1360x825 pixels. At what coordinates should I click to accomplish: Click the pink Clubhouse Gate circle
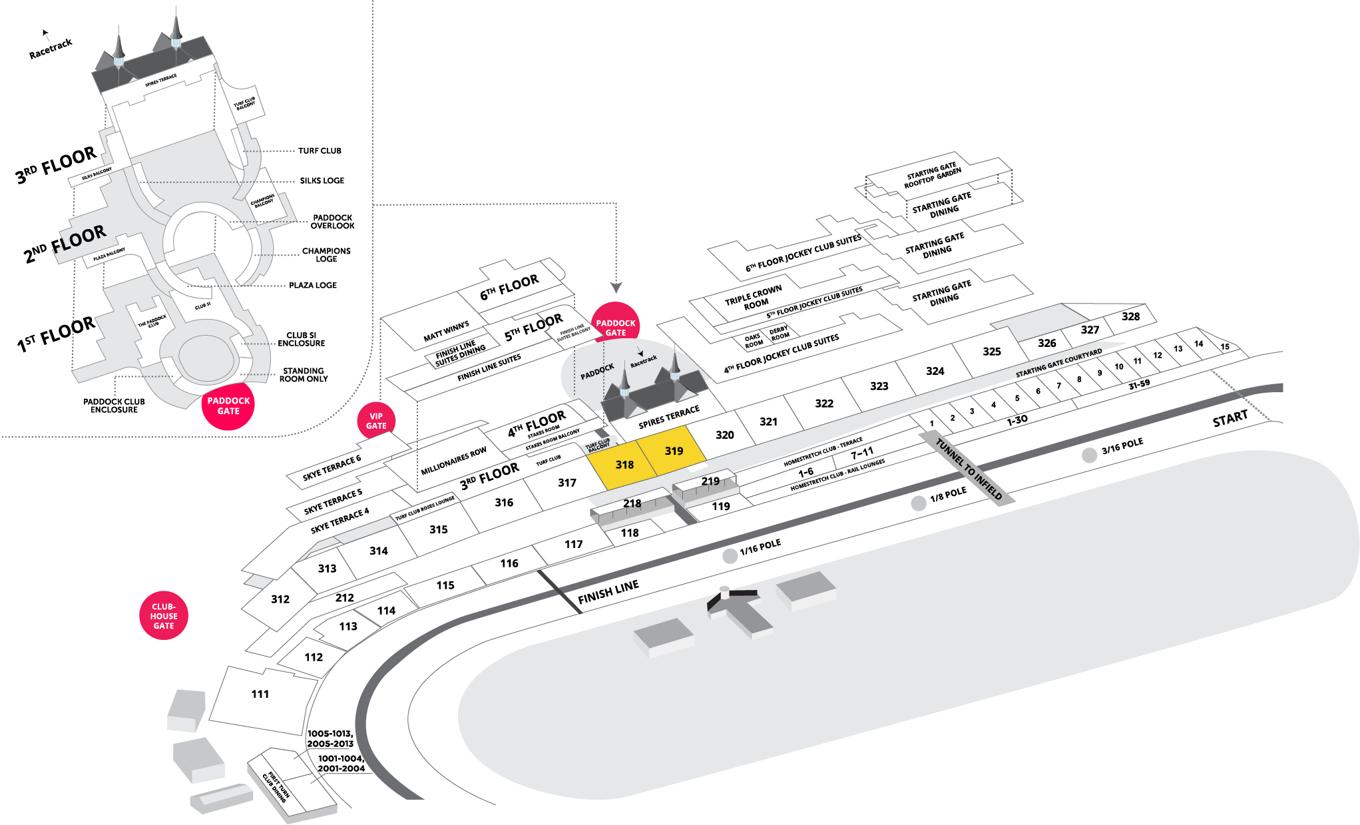(x=164, y=616)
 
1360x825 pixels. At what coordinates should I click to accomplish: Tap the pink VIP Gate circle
(x=376, y=421)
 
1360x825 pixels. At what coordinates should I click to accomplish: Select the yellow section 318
(x=624, y=465)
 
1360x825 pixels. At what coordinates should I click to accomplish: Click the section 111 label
(x=260, y=694)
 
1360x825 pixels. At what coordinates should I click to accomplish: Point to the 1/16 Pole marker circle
(x=730, y=556)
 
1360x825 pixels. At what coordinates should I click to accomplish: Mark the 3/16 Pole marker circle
(x=1089, y=455)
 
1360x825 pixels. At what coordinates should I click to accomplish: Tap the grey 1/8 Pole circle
(x=919, y=503)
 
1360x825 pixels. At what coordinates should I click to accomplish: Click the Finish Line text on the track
(x=608, y=592)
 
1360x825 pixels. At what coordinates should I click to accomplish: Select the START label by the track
(x=1230, y=419)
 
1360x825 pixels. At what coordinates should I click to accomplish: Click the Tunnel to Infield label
(x=969, y=469)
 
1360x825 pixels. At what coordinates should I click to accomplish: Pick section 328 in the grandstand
(x=1130, y=316)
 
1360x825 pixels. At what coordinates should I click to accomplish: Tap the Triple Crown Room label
(x=754, y=298)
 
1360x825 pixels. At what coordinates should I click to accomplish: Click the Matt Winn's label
(x=446, y=331)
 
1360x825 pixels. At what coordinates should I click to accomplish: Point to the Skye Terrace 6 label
(x=332, y=467)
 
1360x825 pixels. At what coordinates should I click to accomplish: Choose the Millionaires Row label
(x=453, y=461)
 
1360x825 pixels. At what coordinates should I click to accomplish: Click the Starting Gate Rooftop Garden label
(x=932, y=175)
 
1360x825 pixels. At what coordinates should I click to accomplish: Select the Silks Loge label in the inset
(x=322, y=180)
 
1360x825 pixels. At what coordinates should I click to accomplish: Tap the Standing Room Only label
(x=303, y=375)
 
